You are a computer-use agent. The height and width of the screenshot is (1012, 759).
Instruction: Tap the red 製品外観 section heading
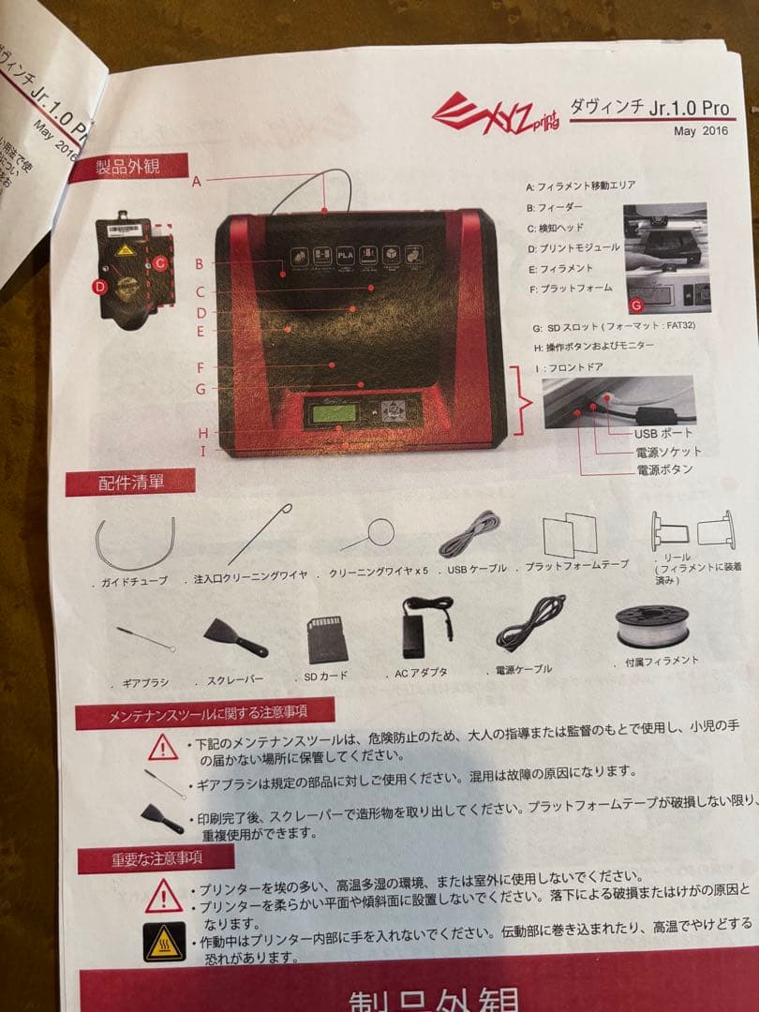click(x=127, y=168)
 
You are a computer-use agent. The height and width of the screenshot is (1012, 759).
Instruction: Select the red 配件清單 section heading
click(x=130, y=483)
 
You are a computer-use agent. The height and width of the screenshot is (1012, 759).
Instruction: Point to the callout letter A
click(x=197, y=182)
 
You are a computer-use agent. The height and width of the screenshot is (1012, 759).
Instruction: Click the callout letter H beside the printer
click(x=201, y=432)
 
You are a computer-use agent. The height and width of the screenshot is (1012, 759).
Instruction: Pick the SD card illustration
click(x=327, y=638)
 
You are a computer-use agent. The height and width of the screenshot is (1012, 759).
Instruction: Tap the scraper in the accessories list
click(x=237, y=636)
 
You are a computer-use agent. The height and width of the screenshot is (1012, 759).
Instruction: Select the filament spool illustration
click(x=652, y=625)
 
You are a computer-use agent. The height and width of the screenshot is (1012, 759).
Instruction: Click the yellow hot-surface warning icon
click(x=164, y=941)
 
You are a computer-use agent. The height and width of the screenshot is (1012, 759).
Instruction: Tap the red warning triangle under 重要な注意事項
click(x=164, y=897)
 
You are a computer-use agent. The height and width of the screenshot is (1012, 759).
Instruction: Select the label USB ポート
click(x=663, y=433)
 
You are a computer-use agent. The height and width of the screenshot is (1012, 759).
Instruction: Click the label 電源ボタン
click(x=664, y=469)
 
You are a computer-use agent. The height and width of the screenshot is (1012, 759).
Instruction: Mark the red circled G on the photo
click(x=637, y=305)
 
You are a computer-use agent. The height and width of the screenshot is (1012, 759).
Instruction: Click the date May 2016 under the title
click(x=700, y=131)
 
